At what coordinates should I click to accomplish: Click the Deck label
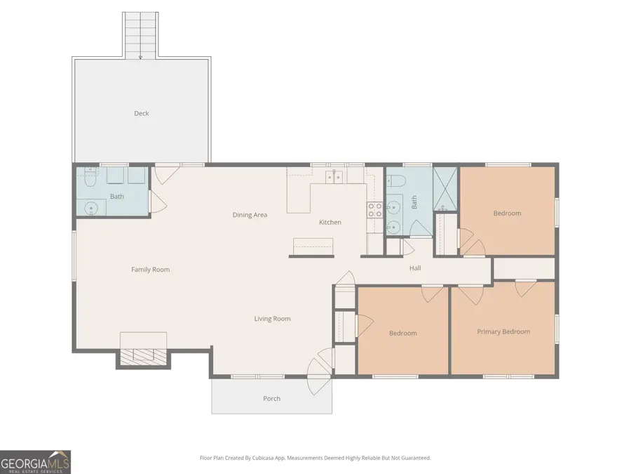click(142, 113)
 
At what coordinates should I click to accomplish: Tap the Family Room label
click(150, 270)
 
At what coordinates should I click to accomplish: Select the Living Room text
click(272, 319)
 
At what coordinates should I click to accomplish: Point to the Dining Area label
click(250, 215)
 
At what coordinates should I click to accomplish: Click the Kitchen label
click(330, 223)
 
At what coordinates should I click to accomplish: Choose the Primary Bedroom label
click(503, 331)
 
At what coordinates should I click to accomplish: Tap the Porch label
click(272, 399)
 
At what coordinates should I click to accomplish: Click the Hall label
click(415, 268)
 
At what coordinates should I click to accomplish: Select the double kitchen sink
click(334, 176)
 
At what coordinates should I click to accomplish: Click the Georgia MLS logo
click(35, 462)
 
